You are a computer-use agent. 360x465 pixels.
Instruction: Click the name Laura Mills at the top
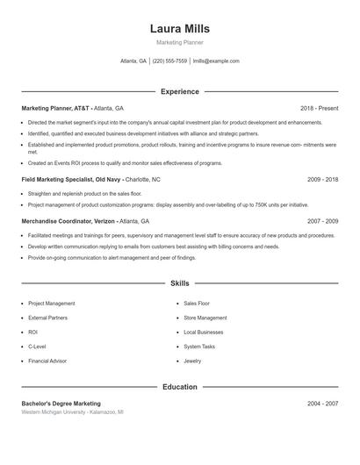point(180,29)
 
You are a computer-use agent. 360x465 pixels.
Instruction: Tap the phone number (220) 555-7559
point(169,61)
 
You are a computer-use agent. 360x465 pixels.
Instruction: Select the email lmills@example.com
point(216,61)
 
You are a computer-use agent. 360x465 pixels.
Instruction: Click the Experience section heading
point(180,91)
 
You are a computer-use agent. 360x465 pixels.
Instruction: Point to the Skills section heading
point(180,283)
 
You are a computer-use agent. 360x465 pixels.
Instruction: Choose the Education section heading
point(180,386)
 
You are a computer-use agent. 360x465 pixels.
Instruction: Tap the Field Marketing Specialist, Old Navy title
point(66,179)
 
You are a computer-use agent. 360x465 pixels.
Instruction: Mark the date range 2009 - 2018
point(322,179)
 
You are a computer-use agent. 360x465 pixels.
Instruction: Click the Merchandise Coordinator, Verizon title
point(68,222)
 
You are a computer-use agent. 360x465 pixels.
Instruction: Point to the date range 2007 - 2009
point(322,222)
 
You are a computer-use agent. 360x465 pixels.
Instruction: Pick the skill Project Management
point(52,304)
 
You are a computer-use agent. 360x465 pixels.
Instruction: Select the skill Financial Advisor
point(48,361)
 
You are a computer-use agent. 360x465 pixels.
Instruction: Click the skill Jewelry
point(192,361)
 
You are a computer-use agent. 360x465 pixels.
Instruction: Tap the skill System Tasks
point(198,347)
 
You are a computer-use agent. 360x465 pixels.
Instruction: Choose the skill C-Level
point(38,347)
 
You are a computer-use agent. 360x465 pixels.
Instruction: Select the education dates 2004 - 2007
point(322,404)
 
